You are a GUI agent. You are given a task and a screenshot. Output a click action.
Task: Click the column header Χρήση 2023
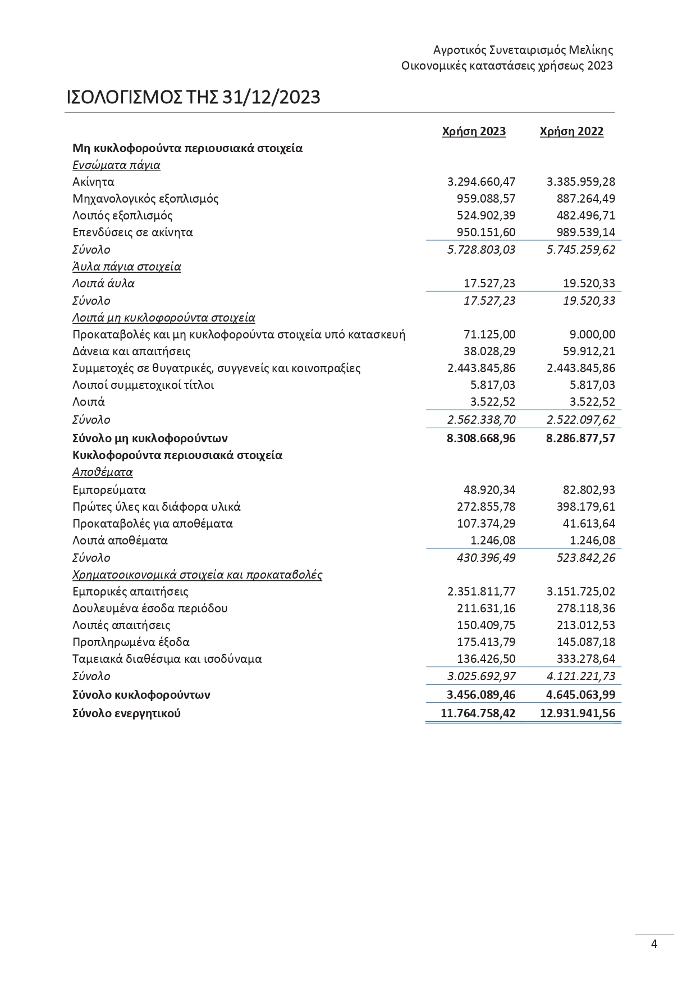(x=474, y=131)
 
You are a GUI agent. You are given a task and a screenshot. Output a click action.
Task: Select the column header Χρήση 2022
(x=571, y=131)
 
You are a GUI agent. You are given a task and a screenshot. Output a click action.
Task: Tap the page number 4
(x=654, y=944)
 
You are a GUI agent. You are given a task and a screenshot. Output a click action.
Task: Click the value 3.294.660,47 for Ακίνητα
(x=481, y=182)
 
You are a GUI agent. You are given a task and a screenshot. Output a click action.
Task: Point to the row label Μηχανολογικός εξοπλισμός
(x=145, y=199)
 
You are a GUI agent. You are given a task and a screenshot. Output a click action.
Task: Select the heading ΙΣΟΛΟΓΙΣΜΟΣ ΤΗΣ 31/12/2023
(x=193, y=97)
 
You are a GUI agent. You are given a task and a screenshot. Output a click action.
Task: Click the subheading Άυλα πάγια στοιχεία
(x=126, y=267)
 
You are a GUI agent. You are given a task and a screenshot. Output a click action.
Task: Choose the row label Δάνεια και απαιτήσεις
(x=131, y=351)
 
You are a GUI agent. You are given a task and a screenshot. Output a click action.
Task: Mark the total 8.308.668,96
(x=481, y=438)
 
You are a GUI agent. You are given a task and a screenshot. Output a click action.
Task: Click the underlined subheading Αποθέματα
(x=102, y=472)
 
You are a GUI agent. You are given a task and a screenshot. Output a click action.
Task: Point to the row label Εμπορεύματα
(x=109, y=490)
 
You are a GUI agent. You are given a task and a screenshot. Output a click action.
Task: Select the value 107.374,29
(x=486, y=524)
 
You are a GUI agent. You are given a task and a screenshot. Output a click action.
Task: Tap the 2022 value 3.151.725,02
(x=580, y=592)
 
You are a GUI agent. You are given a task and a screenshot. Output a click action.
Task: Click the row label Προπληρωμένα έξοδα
(x=131, y=642)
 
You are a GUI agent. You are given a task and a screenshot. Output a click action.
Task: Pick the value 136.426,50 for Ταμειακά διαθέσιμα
(x=486, y=659)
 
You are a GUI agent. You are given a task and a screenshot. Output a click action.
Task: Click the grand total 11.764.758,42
(x=478, y=714)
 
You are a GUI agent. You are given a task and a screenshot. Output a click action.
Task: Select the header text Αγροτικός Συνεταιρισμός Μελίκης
(x=523, y=50)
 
